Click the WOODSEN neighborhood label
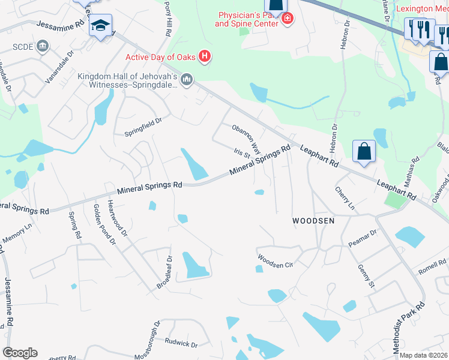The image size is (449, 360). (x=313, y=221)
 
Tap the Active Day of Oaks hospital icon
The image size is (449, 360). (x=205, y=57)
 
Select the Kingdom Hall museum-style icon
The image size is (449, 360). (x=187, y=79)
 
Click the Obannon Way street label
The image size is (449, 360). (x=247, y=139)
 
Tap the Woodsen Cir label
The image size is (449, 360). (x=275, y=262)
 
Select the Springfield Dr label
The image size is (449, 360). (x=143, y=121)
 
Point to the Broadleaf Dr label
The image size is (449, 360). (x=165, y=272)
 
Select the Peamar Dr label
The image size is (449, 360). (x=362, y=239)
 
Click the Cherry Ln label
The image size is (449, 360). (x=345, y=197)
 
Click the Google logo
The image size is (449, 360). (x=20, y=353)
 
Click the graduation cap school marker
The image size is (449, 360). (x=100, y=25)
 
